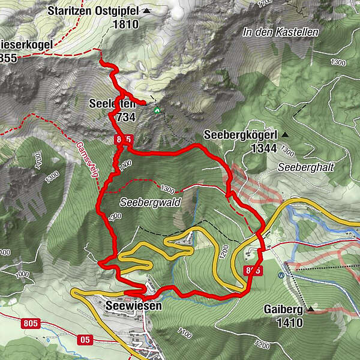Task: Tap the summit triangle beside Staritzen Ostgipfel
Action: coord(146,11)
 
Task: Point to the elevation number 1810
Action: coord(125,25)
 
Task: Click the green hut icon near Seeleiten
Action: coord(157,110)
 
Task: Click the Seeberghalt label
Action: coord(305,166)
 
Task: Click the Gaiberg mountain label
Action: coord(282,310)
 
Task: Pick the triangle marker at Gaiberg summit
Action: coord(311,310)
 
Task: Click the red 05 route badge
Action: coord(85,340)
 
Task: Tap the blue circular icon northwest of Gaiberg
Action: coord(281,275)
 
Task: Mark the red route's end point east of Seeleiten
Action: coord(144,103)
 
